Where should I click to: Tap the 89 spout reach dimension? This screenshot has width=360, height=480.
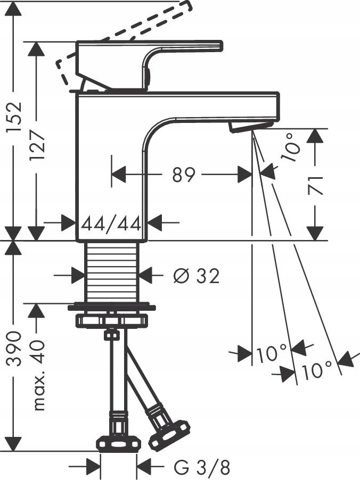[184, 174]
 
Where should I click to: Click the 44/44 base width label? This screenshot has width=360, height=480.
[111, 223]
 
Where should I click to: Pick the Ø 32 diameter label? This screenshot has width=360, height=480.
[196, 276]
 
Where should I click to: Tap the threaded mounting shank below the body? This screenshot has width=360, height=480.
[112, 271]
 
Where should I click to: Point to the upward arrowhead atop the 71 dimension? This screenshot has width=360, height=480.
[315, 136]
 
